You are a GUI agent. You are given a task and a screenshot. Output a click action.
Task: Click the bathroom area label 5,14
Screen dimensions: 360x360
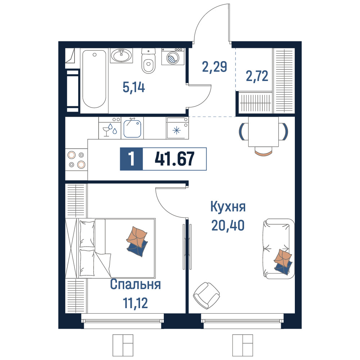(x=134, y=87)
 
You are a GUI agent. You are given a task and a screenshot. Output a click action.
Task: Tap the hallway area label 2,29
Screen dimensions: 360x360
(x=215, y=67)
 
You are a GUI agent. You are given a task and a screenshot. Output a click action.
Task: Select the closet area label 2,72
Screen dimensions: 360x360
(x=257, y=76)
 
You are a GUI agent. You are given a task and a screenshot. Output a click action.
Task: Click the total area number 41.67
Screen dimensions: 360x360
(x=175, y=159)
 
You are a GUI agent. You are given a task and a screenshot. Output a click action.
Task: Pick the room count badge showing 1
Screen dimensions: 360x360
(x=131, y=159)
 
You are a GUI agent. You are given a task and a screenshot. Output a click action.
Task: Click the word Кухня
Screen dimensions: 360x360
(x=228, y=207)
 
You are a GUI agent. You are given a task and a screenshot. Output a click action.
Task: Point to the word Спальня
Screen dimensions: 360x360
(x=135, y=284)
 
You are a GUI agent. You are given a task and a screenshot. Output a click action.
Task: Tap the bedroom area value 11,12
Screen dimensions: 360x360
(x=135, y=303)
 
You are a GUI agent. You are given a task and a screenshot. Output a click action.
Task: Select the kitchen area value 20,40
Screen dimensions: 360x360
(x=228, y=225)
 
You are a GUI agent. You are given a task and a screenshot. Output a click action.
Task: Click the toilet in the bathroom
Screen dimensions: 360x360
(x=149, y=60)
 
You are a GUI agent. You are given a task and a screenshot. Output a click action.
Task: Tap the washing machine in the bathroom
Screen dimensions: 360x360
(x=173, y=57)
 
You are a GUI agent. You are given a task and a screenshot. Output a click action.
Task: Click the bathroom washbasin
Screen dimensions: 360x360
(x=121, y=55)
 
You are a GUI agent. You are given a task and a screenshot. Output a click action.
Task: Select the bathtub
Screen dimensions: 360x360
(x=94, y=79)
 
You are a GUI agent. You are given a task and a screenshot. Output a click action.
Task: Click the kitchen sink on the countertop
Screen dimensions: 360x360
(x=132, y=129)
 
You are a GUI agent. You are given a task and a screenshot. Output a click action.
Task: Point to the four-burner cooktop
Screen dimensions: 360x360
(x=76, y=159)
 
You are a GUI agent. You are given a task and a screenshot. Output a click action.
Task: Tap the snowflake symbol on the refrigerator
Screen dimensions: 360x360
(x=176, y=131)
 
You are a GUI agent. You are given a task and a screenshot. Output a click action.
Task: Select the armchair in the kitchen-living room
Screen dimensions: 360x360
(x=206, y=296)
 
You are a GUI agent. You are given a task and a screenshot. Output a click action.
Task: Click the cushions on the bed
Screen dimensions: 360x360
(x=137, y=241)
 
